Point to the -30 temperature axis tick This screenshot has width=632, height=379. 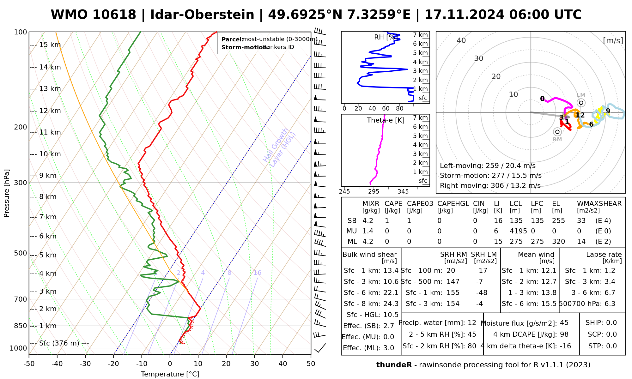pyautogui.click(x=85, y=364)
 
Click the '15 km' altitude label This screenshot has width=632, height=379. pyautogui.click(x=50, y=45)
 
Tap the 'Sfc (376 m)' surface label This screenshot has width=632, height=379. pyautogui.click(x=59, y=343)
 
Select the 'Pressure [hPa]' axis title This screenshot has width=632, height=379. pyautogui.click(x=7, y=193)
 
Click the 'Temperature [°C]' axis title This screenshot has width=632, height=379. pyautogui.click(x=170, y=374)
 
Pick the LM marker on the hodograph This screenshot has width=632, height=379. pyautogui.click(x=581, y=103)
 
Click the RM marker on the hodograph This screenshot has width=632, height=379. pyautogui.click(x=557, y=132)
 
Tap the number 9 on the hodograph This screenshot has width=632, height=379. pyautogui.click(x=608, y=111)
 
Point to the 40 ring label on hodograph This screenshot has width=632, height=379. pyautogui.click(x=461, y=40)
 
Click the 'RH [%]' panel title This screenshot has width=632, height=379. pyautogui.click(x=385, y=37)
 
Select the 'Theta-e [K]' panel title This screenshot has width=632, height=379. pyautogui.click(x=386, y=120)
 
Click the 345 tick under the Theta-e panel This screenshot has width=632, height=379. pyautogui.click(x=403, y=191)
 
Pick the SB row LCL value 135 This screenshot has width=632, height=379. pyautogui.click(x=516, y=221)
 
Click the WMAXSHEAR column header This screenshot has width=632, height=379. pyautogui.click(x=599, y=204)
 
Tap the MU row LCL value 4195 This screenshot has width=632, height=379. pyautogui.click(x=518, y=231)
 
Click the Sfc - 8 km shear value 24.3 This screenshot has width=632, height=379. pyautogui.click(x=391, y=304)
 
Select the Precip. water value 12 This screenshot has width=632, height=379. pyautogui.click(x=472, y=323)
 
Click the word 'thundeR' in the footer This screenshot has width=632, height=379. pyautogui.click(x=394, y=365)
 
